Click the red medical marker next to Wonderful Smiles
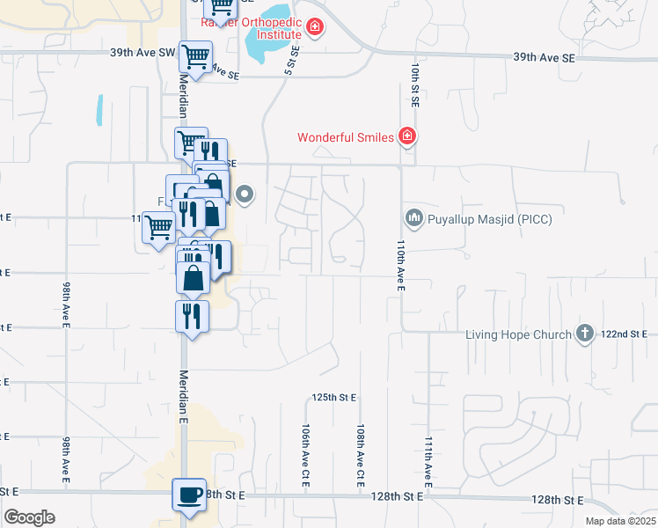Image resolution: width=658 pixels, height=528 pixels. coord(406,136)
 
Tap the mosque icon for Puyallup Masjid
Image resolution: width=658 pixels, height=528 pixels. coord(413,216)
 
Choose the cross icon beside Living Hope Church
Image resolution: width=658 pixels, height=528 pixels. coord(584,333)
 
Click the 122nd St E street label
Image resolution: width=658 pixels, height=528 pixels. coord(625,334)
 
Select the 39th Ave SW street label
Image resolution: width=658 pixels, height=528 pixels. coord(143,53)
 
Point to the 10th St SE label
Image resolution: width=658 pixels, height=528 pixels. coord(414,84)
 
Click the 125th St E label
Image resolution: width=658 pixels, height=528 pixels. coord(334,398)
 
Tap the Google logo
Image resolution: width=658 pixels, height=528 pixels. coord(29,517)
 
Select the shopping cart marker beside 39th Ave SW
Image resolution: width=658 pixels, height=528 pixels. coord(196,57)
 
